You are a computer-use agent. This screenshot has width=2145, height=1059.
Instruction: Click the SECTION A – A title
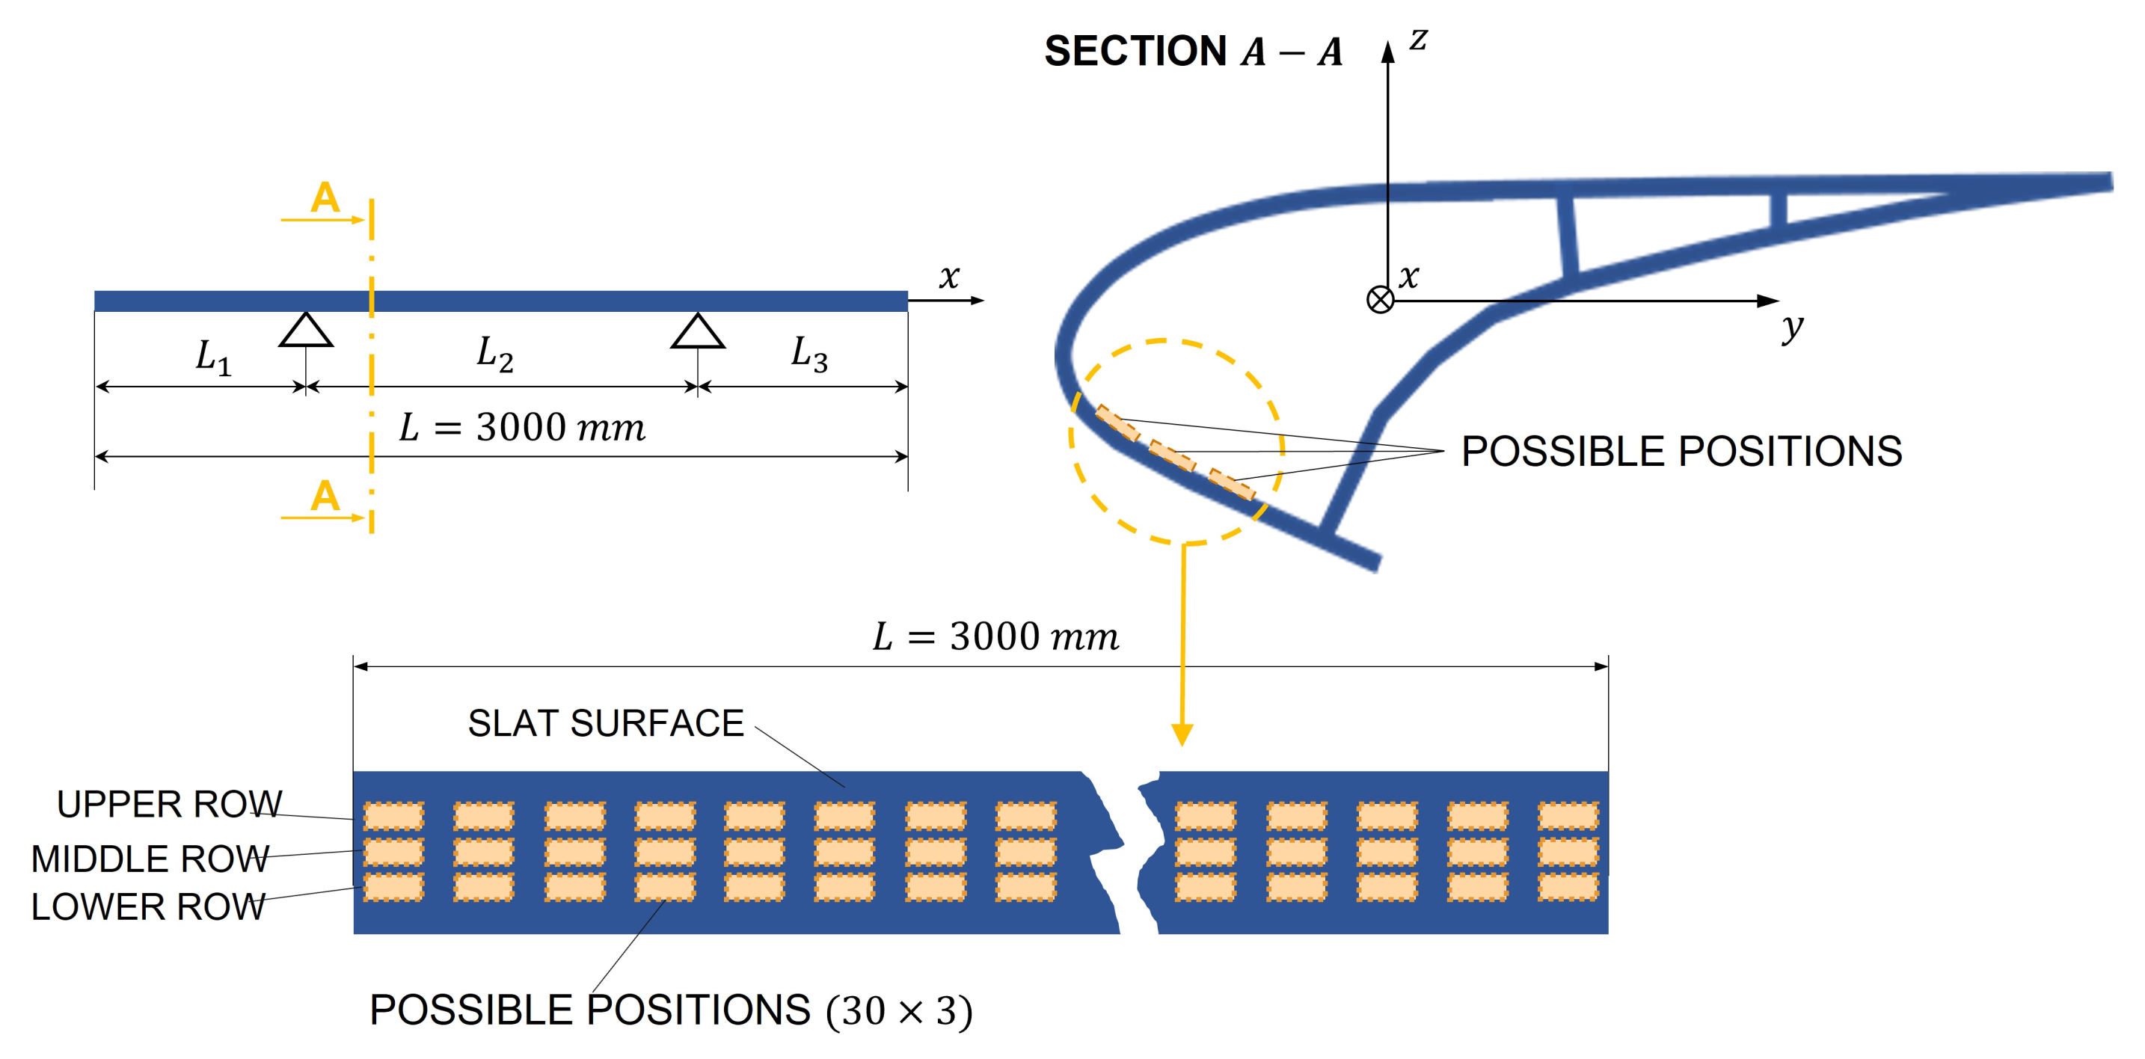(1192, 52)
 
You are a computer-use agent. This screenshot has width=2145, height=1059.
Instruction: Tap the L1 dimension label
(213, 357)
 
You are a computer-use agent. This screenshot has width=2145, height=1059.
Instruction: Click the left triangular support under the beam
(306, 331)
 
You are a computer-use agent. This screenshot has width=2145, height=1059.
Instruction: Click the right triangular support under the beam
(698, 331)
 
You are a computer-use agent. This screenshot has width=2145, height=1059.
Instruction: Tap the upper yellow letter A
(325, 198)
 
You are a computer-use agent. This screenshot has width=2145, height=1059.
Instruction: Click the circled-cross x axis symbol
(1380, 300)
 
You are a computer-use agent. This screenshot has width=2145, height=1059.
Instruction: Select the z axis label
(1418, 39)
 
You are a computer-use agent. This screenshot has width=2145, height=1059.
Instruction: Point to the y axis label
(1792, 326)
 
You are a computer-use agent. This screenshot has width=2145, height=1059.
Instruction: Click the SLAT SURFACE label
(605, 723)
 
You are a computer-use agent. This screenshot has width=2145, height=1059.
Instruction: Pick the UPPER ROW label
(169, 804)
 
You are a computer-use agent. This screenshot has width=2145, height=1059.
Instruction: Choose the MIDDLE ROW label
(150, 859)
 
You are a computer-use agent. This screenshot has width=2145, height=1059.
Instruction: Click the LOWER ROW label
(148, 906)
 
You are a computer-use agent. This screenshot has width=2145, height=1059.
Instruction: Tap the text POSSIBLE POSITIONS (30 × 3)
(670, 1010)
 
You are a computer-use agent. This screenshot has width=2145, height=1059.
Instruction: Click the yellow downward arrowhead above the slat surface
(1182, 734)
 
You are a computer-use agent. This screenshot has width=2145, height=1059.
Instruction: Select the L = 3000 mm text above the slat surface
(995, 637)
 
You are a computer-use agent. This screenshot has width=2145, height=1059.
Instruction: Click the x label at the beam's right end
(949, 277)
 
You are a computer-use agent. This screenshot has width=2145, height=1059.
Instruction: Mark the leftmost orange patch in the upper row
(394, 816)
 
